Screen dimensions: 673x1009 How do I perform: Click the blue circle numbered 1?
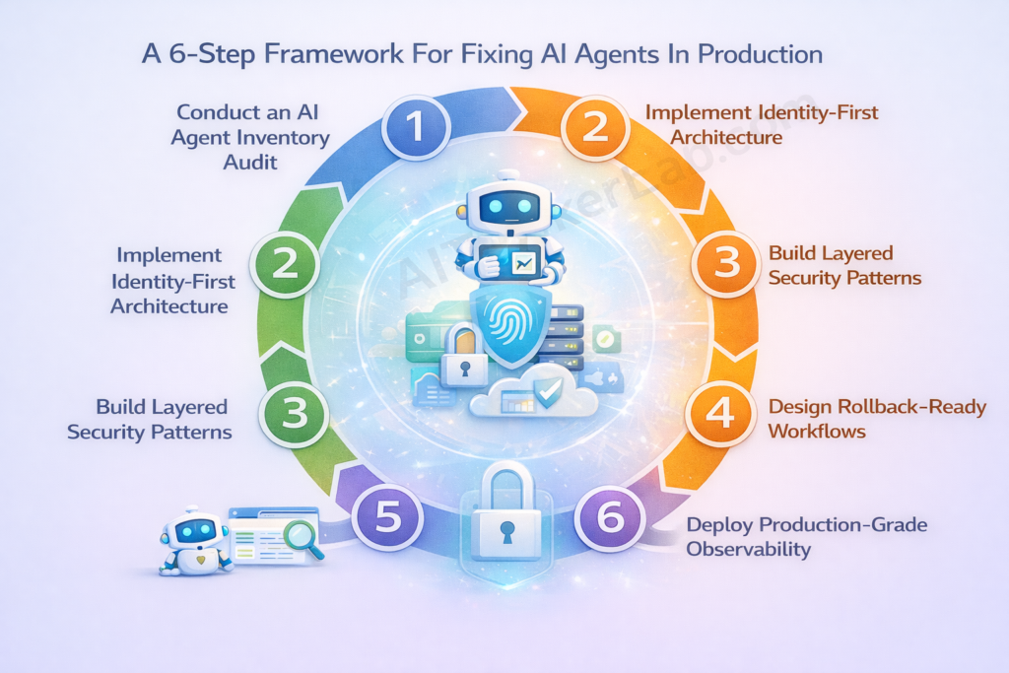click(417, 126)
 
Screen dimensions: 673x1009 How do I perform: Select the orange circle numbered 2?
click(595, 126)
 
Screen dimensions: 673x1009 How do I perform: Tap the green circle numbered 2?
click(285, 264)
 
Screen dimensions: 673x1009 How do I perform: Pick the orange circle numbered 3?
click(725, 264)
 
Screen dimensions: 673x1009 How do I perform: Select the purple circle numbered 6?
click(611, 516)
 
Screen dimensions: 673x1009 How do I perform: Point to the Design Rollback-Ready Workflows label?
click(877, 419)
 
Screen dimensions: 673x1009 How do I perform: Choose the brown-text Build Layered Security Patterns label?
click(844, 265)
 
